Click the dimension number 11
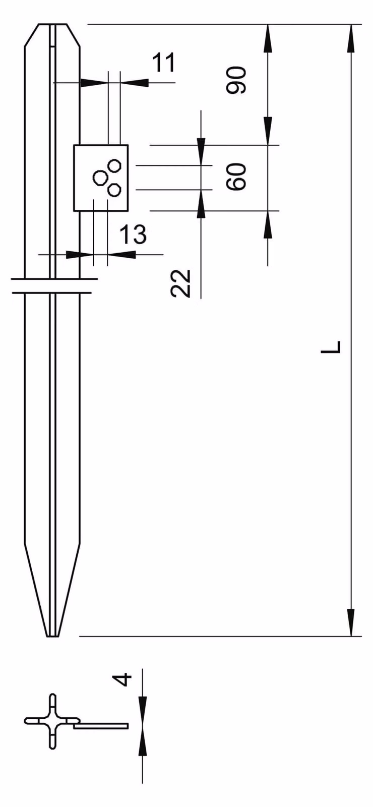click(x=163, y=63)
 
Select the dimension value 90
click(x=236, y=80)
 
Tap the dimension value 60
click(x=236, y=177)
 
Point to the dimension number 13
click(x=133, y=234)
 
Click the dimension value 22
click(x=180, y=283)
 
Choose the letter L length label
click(x=331, y=346)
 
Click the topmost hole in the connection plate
click(x=114, y=166)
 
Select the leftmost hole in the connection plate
click(x=99, y=178)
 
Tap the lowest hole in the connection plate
click(x=114, y=190)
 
